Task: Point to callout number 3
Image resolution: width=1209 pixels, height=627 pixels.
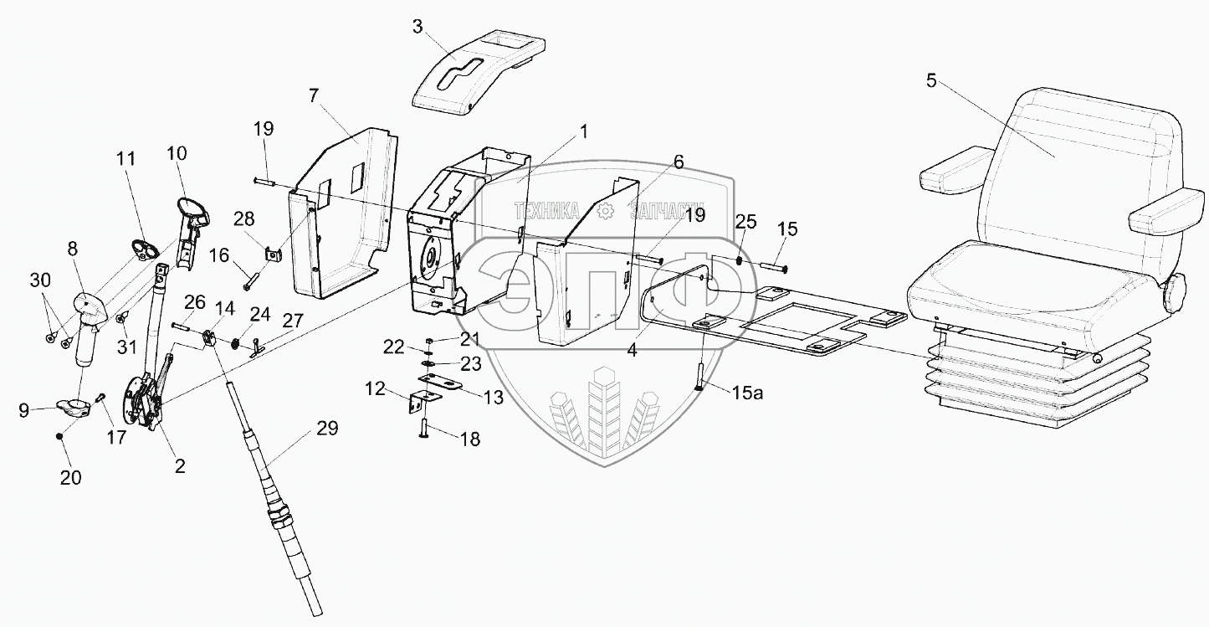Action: click(418, 26)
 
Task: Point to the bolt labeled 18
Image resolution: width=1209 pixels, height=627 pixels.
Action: click(425, 429)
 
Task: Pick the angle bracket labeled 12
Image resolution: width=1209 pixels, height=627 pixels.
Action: click(413, 403)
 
